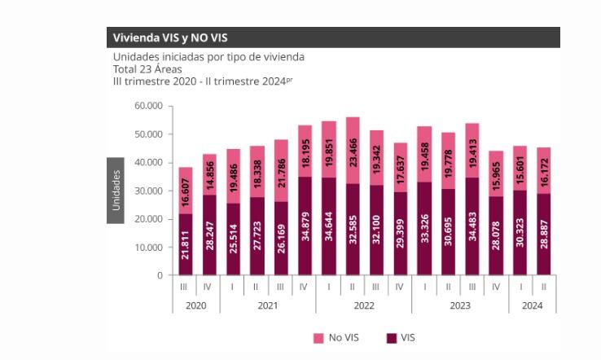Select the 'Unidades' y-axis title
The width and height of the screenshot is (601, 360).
point(116,190)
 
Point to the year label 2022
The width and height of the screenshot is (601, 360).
point(364,306)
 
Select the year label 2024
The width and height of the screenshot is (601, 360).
point(532,306)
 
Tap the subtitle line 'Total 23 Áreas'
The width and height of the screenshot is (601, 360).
point(147,68)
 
